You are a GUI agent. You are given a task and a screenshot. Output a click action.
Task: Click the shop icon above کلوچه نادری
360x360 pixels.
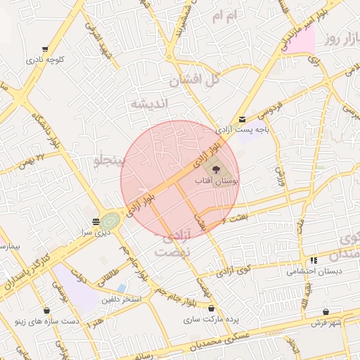(46, 50)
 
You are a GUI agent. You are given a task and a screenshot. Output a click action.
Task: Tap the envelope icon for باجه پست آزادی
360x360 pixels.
(242, 120)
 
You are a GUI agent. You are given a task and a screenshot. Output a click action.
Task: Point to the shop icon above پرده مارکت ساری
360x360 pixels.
(211, 308)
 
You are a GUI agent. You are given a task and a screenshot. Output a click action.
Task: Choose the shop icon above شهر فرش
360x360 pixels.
(326, 311)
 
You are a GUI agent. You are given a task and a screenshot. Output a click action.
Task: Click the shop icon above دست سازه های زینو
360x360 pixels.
(46, 310)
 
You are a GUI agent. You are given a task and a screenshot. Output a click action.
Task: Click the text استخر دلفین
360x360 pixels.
(141, 300)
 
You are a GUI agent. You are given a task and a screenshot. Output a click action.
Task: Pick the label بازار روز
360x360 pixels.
(342, 40)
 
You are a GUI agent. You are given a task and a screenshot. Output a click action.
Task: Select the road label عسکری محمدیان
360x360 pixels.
(217, 340)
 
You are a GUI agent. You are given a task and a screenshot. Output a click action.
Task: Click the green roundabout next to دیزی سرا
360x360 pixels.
(110, 221)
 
